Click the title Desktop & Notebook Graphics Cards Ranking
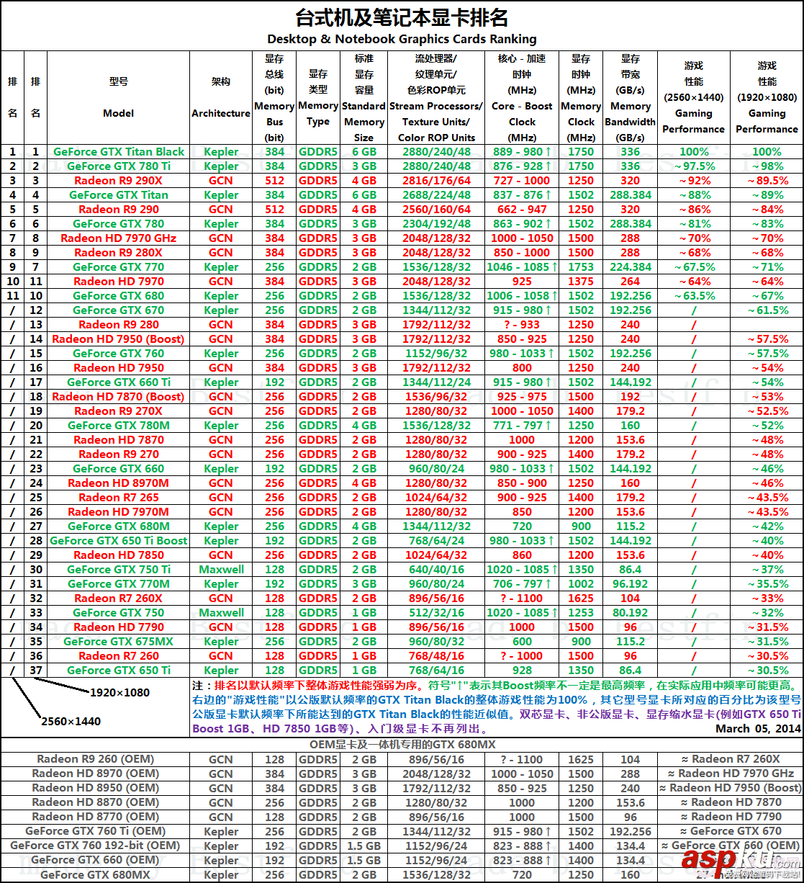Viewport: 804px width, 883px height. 402,39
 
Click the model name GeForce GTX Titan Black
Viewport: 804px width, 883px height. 119,152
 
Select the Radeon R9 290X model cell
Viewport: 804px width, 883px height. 119,181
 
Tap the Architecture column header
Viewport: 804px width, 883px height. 221,113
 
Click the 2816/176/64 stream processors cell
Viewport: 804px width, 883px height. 437,181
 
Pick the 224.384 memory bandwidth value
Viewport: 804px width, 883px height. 631,267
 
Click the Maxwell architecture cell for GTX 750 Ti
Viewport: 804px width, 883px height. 221,570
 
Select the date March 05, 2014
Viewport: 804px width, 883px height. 758,729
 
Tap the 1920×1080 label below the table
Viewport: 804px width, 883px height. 119,692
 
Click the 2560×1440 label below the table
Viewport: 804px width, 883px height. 71,722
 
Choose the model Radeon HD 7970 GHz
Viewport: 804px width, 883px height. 119,238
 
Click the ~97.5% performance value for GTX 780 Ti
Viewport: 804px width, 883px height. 694,166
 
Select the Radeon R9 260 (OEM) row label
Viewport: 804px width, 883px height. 98,759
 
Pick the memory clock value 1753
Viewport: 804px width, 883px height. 581,267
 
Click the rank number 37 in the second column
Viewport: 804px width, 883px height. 36,671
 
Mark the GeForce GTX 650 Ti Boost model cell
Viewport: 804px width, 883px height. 119,541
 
